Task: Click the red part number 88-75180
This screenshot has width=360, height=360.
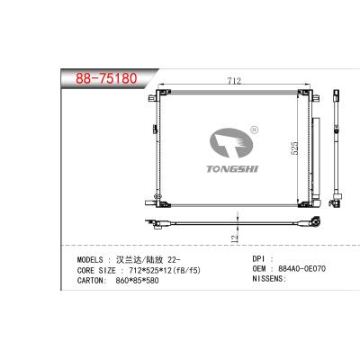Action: click(x=106, y=78)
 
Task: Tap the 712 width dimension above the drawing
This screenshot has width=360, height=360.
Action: click(x=234, y=81)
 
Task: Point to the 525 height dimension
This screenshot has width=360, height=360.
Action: click(x=294, y=148)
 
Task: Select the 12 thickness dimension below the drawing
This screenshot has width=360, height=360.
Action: click(x=235, y=238)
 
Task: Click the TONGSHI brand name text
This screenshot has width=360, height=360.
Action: click(x=232, y=169)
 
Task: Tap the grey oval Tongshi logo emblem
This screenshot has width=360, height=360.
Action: click(x=231, y=143)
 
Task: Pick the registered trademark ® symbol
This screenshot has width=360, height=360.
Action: click(x=254, y=130)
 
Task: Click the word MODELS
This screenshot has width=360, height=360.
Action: click(x=90, y=260)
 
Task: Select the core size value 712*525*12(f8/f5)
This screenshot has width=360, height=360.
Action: click(x=165, y=270)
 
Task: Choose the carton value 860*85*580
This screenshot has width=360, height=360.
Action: click(x=137, y=281)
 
